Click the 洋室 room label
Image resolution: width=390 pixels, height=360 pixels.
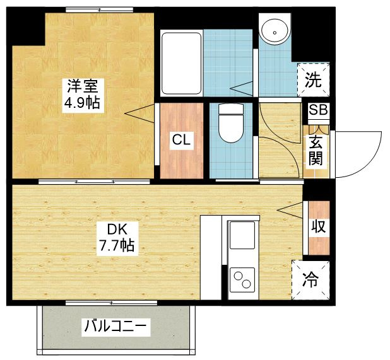click(x=81, y=84)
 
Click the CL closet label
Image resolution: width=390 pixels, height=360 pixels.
click(x=182, y=140)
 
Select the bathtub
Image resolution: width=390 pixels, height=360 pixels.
click(x=181, y=62)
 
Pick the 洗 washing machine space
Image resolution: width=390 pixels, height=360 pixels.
click(x=313, y=79)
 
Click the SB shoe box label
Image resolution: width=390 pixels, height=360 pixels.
click(x=318, y=110)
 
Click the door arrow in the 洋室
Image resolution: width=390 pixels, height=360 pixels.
click(x=139, y=113)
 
